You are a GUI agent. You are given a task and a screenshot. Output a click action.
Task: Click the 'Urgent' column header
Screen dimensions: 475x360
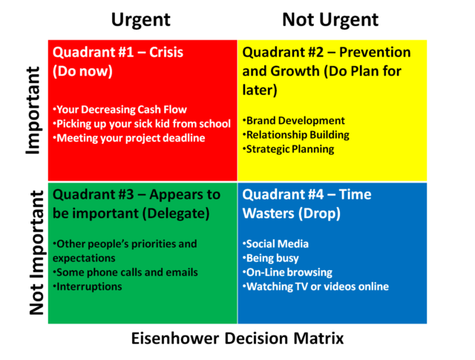[141, 21]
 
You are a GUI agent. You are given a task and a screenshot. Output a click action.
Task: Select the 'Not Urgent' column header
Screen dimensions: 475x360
[330, 21]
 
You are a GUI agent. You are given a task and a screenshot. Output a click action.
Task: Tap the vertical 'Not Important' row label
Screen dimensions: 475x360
[37, 253]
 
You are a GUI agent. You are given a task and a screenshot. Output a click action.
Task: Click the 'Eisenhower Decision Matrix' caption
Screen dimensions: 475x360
[237, 338]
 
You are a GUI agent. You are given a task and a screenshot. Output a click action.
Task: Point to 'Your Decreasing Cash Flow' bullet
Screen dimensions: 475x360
[120, 109]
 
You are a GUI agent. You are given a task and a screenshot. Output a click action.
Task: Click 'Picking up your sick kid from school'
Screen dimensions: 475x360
[142, 124]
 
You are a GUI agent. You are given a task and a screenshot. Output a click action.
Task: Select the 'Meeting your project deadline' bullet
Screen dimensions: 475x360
[129, 138]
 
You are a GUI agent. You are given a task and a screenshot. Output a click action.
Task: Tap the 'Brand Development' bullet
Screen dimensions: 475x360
[294, 120]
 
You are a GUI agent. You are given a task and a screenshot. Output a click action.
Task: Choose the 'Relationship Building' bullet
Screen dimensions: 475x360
[296, 135]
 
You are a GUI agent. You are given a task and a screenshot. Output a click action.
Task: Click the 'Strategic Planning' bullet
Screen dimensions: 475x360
[289, 149]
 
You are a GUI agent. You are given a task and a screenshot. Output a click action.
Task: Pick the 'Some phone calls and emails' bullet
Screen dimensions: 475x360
[125, 272]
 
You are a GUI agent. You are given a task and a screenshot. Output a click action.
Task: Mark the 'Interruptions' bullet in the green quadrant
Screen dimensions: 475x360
[88, 287]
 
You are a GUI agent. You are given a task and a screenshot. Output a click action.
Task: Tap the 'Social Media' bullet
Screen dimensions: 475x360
[275, 244]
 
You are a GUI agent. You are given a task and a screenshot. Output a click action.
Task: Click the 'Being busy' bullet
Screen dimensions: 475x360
[271, 258]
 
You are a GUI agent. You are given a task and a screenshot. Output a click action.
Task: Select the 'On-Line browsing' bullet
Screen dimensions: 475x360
[287, 272]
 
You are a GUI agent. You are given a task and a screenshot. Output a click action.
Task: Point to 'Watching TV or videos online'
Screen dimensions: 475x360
[315, 287]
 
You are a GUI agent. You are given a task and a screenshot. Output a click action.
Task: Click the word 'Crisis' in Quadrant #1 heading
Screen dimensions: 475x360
[166, 53]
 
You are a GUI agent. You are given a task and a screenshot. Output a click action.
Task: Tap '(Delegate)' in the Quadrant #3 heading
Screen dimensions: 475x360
[176, 214]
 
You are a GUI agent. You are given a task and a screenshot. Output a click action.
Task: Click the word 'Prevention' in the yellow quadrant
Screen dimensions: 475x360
[375, 53]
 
